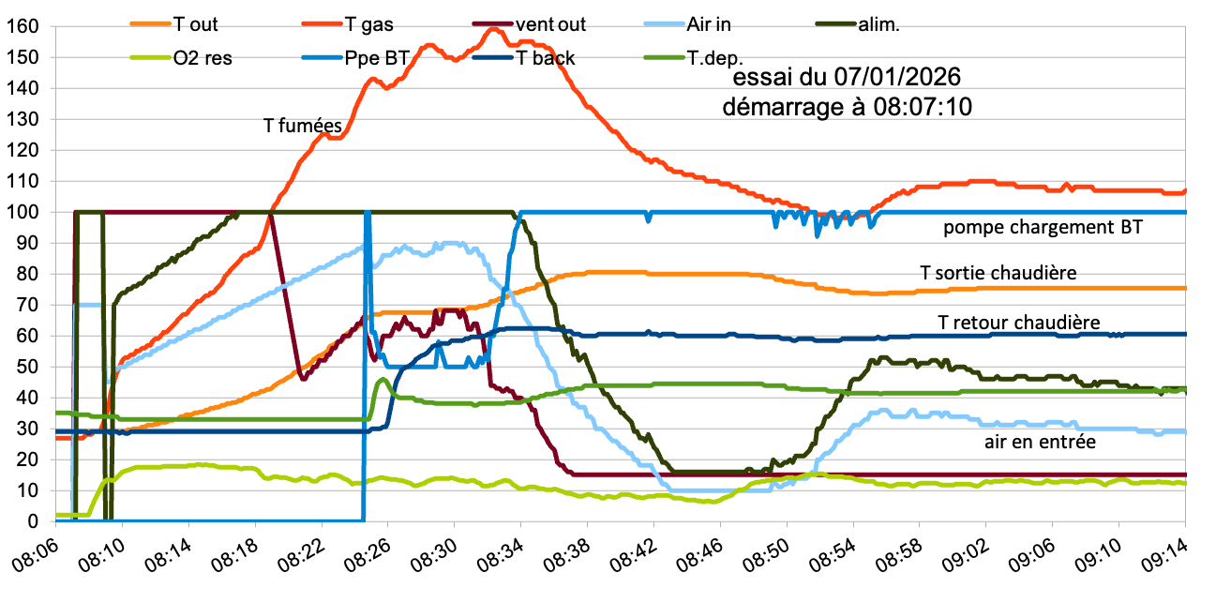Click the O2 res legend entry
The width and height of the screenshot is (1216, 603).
[x=203, y=57]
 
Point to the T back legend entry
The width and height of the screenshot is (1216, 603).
[x=546, y=57]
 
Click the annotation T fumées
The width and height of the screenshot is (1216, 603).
[x=301, y=123]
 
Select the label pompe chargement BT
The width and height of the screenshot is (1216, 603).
[x=1043, y=227]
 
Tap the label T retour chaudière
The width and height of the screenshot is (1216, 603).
[x=1018, y=323]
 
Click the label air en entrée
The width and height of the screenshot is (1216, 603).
[x=1040, y=441]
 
